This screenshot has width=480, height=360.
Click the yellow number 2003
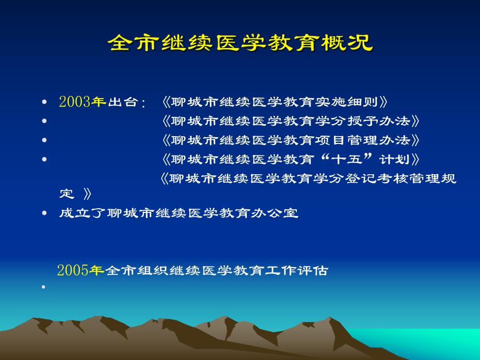(x=75, y=102)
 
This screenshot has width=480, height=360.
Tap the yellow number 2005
(x=73, y=271)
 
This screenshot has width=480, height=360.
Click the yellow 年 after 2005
(x=97, y=271)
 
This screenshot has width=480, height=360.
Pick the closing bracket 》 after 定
(x=87, y=195)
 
